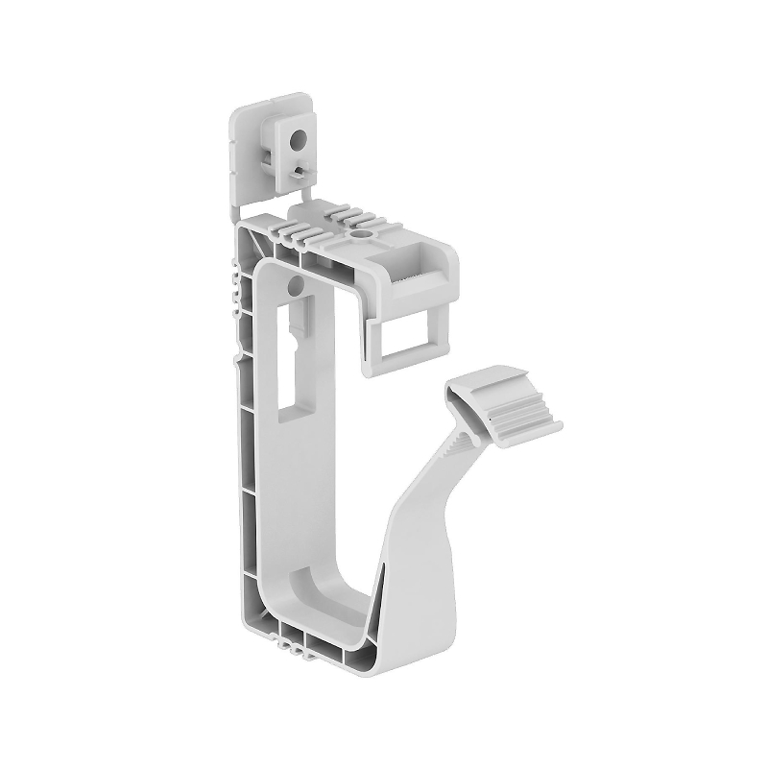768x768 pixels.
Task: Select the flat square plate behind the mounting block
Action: click(246, 144)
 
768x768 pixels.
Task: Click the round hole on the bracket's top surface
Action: click(363, 232)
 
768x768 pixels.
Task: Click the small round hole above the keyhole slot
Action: click(295, 285)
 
